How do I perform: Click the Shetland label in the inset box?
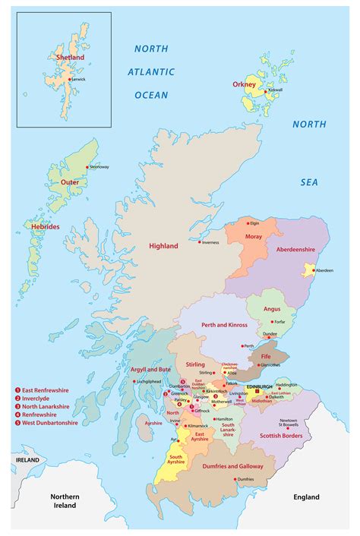pyautogui.click(x=69, y=57)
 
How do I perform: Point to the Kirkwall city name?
pyautogui.click(x=274, y=90)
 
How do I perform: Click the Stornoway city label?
pyautogui.click(x=99, y=166)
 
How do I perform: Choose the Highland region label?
pyautogui.click(x=163, y=246)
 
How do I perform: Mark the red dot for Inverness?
pyautogui.click(x=200, y=243)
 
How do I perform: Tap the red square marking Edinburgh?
pyautogui.click(x=257, y=393)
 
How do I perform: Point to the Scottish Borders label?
pyautogui.click(x=281, y=436)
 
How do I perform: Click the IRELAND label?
pyautogui.click(x=27, y=460)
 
